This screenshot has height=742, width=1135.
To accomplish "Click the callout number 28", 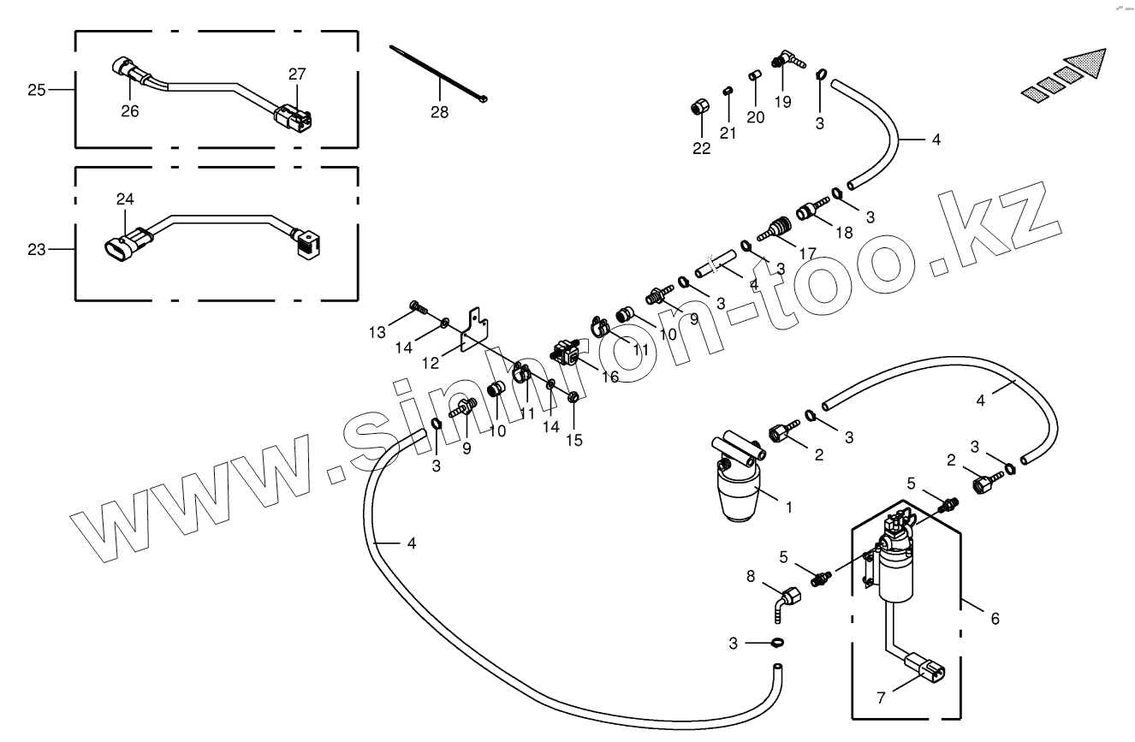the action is click(x=439, y=112).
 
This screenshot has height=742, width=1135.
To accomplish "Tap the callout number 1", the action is click(x=789, y=507).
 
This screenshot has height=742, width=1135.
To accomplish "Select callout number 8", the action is click(x=751, y=577).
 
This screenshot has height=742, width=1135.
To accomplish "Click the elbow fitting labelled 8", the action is click(x=785, y=598).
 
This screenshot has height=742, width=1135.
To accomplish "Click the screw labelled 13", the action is click(x=419, y=306).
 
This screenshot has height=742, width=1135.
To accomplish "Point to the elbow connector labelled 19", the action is click(x=787, y=61).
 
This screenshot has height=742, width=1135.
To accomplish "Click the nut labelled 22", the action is click(x=699, y=109).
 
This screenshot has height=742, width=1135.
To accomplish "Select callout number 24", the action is click(x=126, y=199).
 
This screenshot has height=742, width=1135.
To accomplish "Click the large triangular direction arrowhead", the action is click(x=1089, y=65).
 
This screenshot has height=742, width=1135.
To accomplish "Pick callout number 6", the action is click(x=995, y=617).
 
